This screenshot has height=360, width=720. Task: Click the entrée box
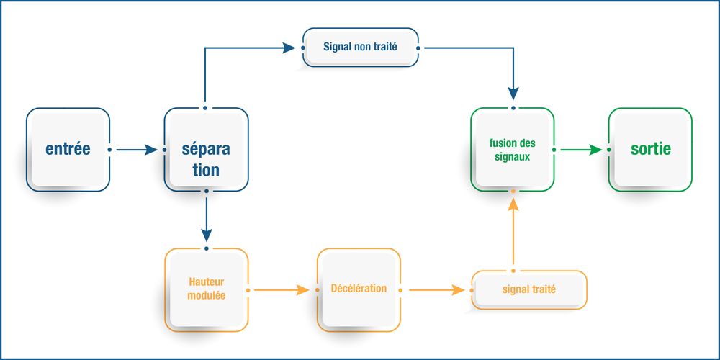[68, 150]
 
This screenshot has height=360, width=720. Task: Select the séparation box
[206, 150]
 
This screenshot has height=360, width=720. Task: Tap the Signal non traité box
[360, 48]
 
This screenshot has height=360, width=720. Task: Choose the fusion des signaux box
[513, 150]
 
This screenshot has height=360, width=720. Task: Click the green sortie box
[650, 150]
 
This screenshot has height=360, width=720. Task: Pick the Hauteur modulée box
[206, 290]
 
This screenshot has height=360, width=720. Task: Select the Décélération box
[359, 289]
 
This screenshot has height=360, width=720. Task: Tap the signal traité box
[529, 290]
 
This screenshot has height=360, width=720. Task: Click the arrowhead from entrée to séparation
[150, 150]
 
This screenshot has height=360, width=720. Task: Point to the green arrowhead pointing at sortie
[595, 150]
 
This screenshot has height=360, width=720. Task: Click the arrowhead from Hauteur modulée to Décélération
[302, 290]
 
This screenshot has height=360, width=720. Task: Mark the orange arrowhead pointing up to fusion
[513, 205]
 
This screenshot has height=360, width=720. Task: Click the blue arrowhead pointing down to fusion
[513, 93]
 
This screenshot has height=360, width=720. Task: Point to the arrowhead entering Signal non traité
[289, 48]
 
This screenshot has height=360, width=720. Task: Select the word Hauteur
[207, 284]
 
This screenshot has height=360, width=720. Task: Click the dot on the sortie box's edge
[609, 150]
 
